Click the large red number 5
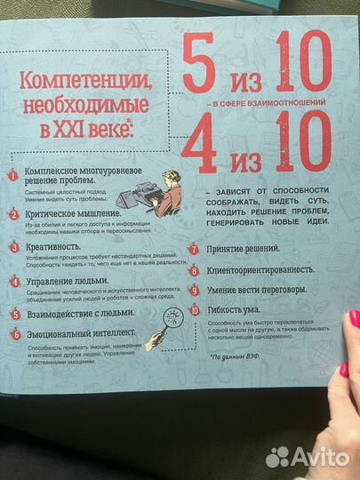(x=204, y=66)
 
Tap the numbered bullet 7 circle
(x=193, y=250)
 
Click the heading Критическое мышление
(x=73, y=214)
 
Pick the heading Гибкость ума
(x=237, y=311)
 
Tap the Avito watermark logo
(x=307, y=457)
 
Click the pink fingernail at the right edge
(x=354, y=318)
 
